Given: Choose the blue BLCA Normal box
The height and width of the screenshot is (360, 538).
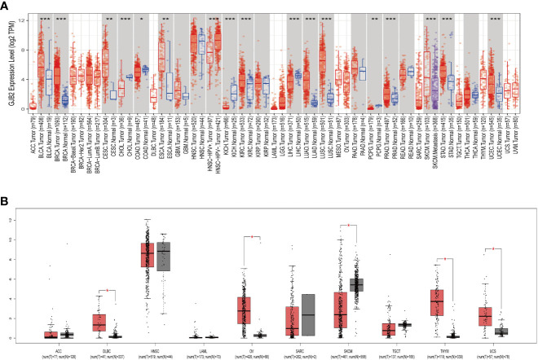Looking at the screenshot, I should click(48, 81).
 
